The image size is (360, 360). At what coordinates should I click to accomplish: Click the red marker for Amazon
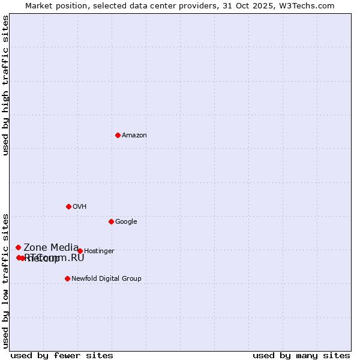118,135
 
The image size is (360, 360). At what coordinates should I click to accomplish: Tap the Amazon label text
134,136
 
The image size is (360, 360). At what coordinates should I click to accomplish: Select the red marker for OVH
68,206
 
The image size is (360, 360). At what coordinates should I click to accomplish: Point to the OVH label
80,207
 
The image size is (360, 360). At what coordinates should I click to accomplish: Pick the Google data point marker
111,221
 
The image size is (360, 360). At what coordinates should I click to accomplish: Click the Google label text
126,222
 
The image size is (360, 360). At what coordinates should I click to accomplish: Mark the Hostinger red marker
80,251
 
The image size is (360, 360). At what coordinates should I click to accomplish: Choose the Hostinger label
99,251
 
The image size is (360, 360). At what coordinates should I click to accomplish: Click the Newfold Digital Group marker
67,278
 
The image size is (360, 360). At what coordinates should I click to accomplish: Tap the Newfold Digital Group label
106,279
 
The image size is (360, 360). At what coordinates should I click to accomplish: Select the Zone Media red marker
18,247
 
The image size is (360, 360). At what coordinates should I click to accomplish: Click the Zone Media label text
51,247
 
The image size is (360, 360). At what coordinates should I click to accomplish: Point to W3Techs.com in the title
310,5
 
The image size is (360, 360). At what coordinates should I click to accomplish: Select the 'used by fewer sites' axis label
62,355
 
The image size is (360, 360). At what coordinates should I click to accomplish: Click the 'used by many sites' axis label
301,355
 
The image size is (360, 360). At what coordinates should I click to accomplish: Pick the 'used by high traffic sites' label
5,85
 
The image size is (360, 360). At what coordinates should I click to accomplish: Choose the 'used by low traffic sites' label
5,281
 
